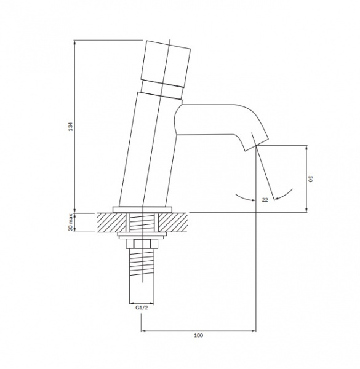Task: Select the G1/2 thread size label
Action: pos(142,307)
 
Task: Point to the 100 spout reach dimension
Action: pos(199,335)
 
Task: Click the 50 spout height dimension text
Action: pos(311,178)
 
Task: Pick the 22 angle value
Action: pos(265,200)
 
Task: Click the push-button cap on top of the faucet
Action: pos(166,64)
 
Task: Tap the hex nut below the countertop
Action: pos(142,244)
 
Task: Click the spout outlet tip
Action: pos(257,145)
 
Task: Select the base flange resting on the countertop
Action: pos(142,210)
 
